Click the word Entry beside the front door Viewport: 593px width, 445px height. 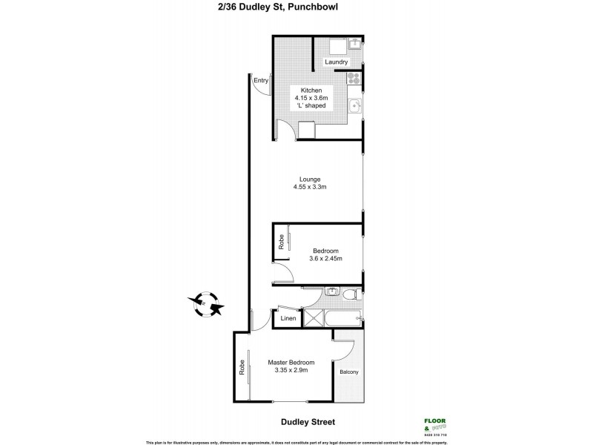[260, 80]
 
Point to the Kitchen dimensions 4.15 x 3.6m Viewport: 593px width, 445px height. [310, 98]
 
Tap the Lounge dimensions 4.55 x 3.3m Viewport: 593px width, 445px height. [310, 187]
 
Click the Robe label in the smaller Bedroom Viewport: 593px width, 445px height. [281, 241]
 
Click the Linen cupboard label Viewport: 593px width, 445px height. [288, 319]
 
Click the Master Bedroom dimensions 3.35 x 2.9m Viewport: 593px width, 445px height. [287, 370]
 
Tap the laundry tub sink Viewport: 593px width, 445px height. [354, 44]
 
